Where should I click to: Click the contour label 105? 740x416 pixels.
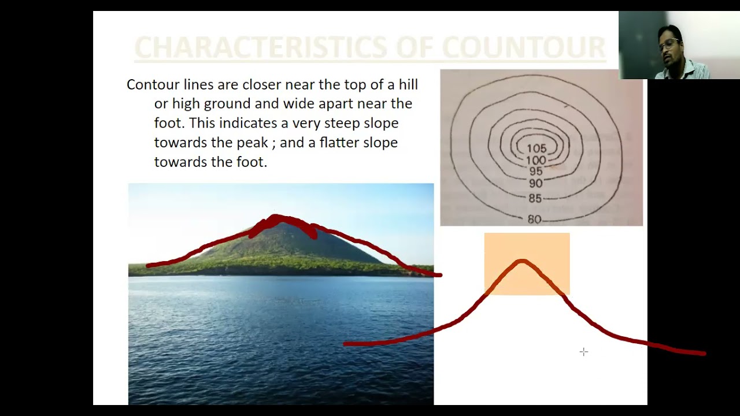click(x=536, y=149)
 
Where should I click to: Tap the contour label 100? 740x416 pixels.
click(x=536, y=160)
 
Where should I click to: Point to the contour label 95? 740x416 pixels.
click(x=536, y=172)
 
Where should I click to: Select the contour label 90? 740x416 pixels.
click(x=536, y=184)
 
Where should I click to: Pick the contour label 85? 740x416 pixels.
click(x=535, y=199)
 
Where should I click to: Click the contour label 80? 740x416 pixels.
click(x=535, y=220)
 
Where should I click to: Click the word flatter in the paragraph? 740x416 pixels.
click(x=339, y=143)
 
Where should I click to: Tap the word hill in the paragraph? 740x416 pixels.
click(x=408, y=85)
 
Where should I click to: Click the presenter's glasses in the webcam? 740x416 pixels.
click(x=669, y=43)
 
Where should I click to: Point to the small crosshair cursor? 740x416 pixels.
click(x=584, y=352)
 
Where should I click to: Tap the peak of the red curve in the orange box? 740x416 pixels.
click(x=523, y=262)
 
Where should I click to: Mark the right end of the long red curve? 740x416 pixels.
click(x=704, y=353)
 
